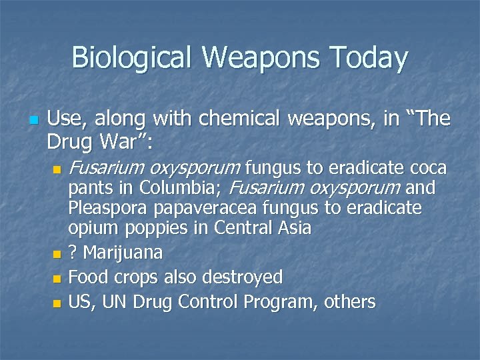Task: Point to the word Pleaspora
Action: [108, 209]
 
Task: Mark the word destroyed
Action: [243, 277]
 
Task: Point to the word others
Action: [350, 302]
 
